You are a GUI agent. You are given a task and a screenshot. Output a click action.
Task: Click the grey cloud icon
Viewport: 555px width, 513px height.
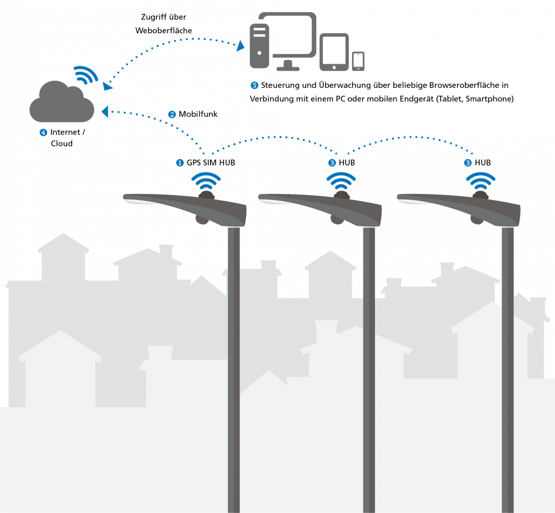click(x=62, y=104)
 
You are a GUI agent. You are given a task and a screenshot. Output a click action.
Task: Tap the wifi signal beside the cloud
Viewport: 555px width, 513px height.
click(x=86, y=75)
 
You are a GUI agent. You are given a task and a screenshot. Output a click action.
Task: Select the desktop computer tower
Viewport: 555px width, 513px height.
click(x=259, y=46)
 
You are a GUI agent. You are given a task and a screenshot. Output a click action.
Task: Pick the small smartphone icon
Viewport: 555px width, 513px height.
click(x=358, y=61)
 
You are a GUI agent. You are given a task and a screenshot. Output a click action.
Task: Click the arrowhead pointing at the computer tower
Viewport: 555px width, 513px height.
click(x=241, y=46)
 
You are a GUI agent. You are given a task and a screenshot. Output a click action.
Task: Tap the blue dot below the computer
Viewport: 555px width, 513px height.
click(x=254, y=85)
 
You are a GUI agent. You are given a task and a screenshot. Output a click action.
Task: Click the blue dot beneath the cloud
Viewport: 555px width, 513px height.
click(x=43, y=133)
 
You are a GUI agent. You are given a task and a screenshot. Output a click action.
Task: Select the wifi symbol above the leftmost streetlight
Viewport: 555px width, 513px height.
click(x=206, y=181)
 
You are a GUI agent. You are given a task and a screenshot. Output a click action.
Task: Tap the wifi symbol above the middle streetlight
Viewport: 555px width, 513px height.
click(x=341, y=181)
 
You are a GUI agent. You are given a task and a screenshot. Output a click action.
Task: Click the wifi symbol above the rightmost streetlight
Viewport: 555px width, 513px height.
click(x=481, y=181)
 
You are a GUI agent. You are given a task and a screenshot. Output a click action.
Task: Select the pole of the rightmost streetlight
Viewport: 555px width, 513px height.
click(x=507, y=370)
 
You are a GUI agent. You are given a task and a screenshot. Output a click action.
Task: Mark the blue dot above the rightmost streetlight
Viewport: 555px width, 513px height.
click(x=468, y=163)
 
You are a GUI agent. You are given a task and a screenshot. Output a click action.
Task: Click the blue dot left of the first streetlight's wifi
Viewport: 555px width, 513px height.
click(x=180, y=163)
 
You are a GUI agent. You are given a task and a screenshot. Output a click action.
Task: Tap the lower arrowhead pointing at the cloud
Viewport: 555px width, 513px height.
click(x=105, y=111)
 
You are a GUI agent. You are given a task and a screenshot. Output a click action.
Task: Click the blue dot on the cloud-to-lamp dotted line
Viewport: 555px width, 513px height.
click(x=172, y=115)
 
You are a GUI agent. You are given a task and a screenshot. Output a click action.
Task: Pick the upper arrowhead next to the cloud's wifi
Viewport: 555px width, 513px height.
click(x=107, y=86)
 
